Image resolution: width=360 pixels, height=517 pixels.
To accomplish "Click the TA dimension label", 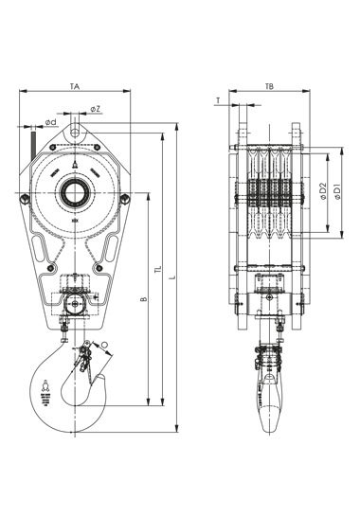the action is click(x=75, y=86).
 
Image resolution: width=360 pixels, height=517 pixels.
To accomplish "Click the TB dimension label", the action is click(x=270, y=86).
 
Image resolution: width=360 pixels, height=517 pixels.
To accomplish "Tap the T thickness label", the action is click(x=218, y=100).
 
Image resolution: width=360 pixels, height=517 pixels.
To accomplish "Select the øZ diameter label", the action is click(x=96, y=109).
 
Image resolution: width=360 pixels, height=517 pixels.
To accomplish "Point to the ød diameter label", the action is click(x=51, y=122).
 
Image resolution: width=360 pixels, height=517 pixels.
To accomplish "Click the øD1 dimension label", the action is click(x=337, y=192).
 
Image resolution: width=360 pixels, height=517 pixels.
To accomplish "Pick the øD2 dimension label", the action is click(x=323, y=192).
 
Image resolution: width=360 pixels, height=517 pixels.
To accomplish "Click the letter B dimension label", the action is click(x=143, y=299).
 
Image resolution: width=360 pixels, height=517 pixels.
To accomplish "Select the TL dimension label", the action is click(x=158, y=270).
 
